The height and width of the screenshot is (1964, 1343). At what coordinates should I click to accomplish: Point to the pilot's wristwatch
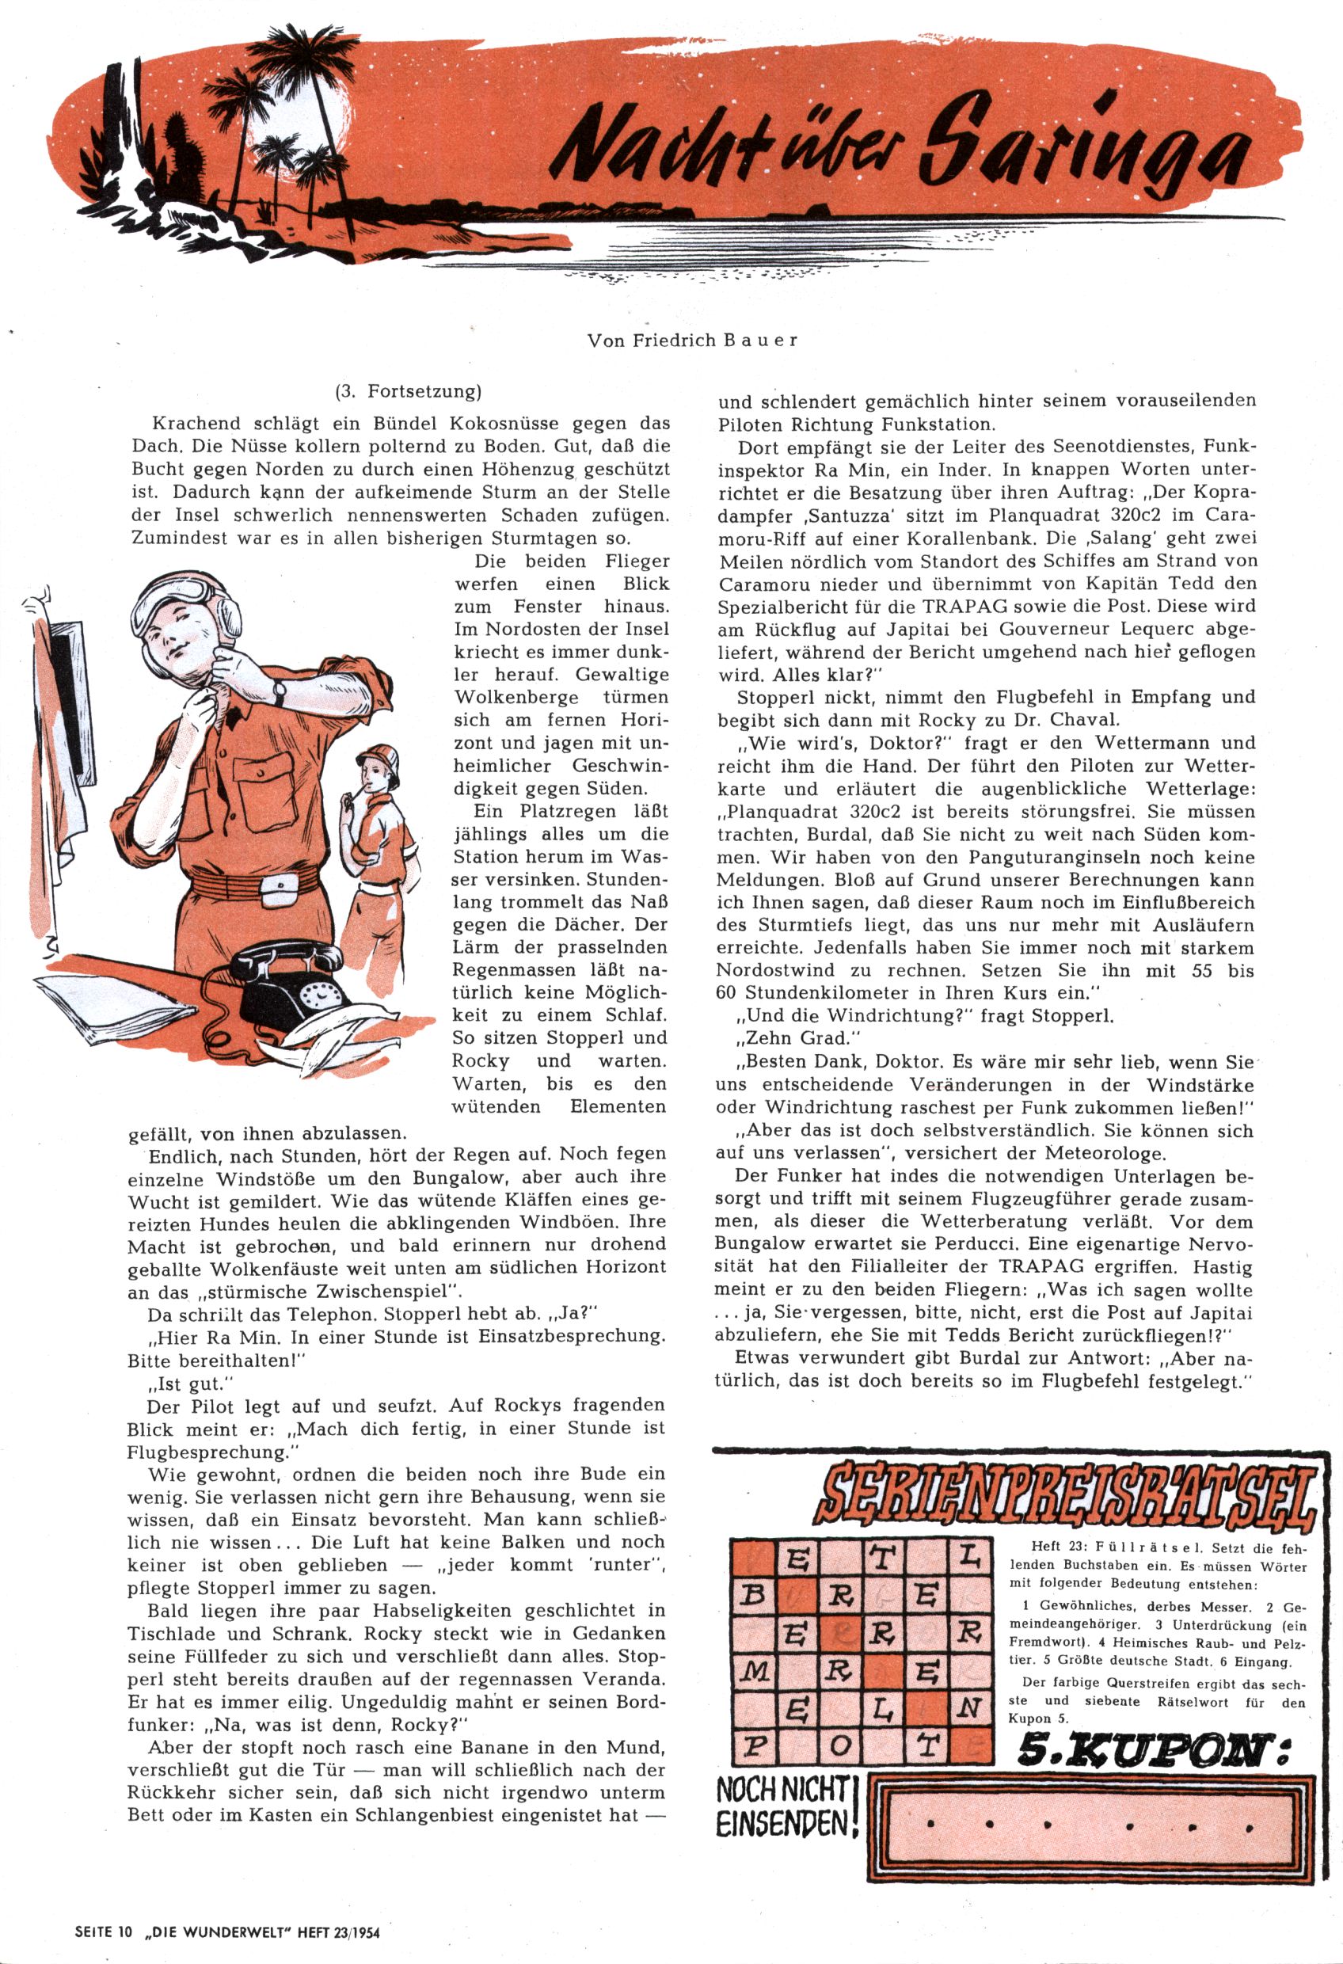[x=280, y=691]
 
